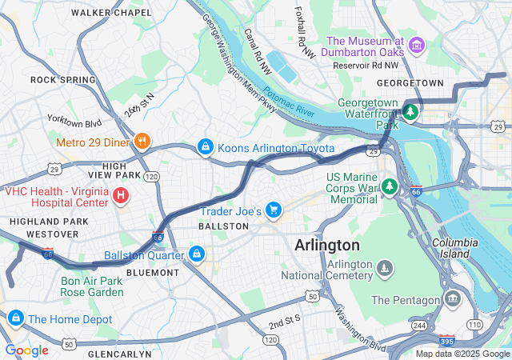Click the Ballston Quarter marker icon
[196, 255]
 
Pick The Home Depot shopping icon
[14, 318]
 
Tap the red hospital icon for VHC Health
[120, 194]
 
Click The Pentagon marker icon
[454, 300]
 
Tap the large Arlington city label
[326, 245]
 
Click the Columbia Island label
[460, 247]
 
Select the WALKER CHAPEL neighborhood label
[111, 13]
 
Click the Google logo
[26, 350]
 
